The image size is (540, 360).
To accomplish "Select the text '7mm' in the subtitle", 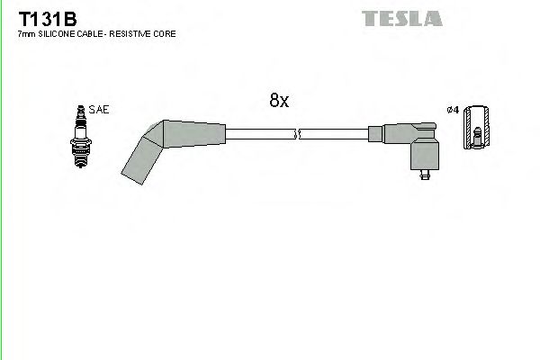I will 26,33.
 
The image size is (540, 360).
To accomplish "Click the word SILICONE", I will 56,33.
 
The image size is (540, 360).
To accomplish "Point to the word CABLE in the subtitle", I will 91,33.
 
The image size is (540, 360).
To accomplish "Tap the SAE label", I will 100,110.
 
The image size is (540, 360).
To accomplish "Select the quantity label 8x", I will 279,102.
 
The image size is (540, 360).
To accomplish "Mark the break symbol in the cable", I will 297,135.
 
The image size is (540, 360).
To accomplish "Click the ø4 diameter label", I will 453,110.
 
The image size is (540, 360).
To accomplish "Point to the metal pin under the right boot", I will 423,177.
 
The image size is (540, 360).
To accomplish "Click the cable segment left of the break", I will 261,135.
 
